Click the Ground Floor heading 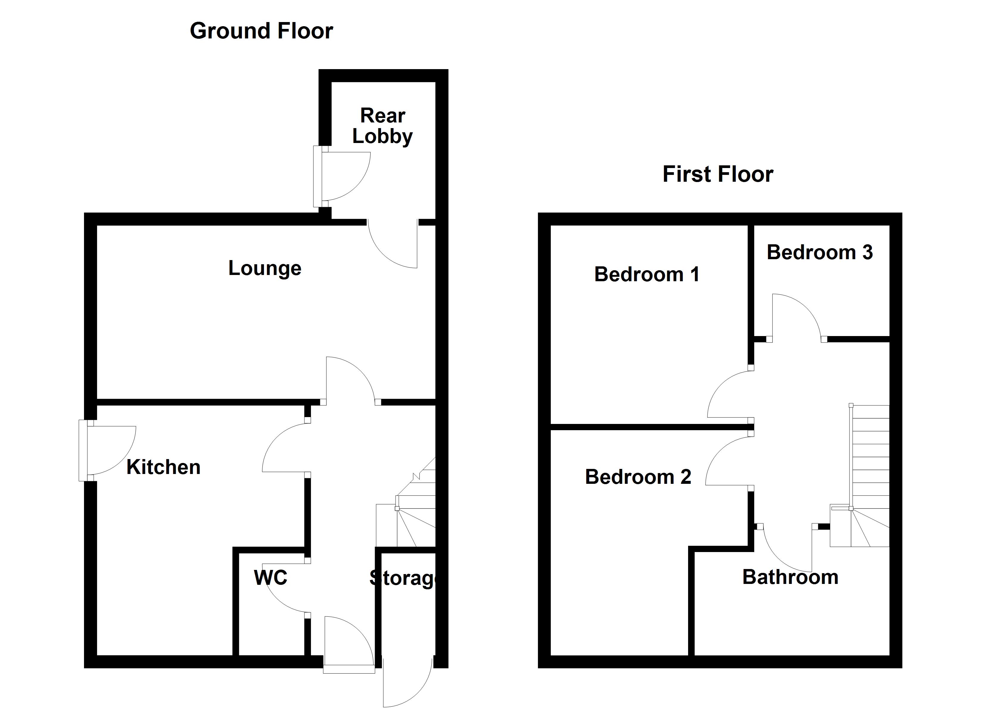(261, 31)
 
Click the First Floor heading (718, 174)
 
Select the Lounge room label (265, 268)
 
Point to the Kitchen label (164, 467)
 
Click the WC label (270, 578)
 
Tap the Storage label (403, 578)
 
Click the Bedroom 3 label (819, 252)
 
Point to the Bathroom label (790, 577)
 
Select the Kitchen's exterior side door (111, 451)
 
